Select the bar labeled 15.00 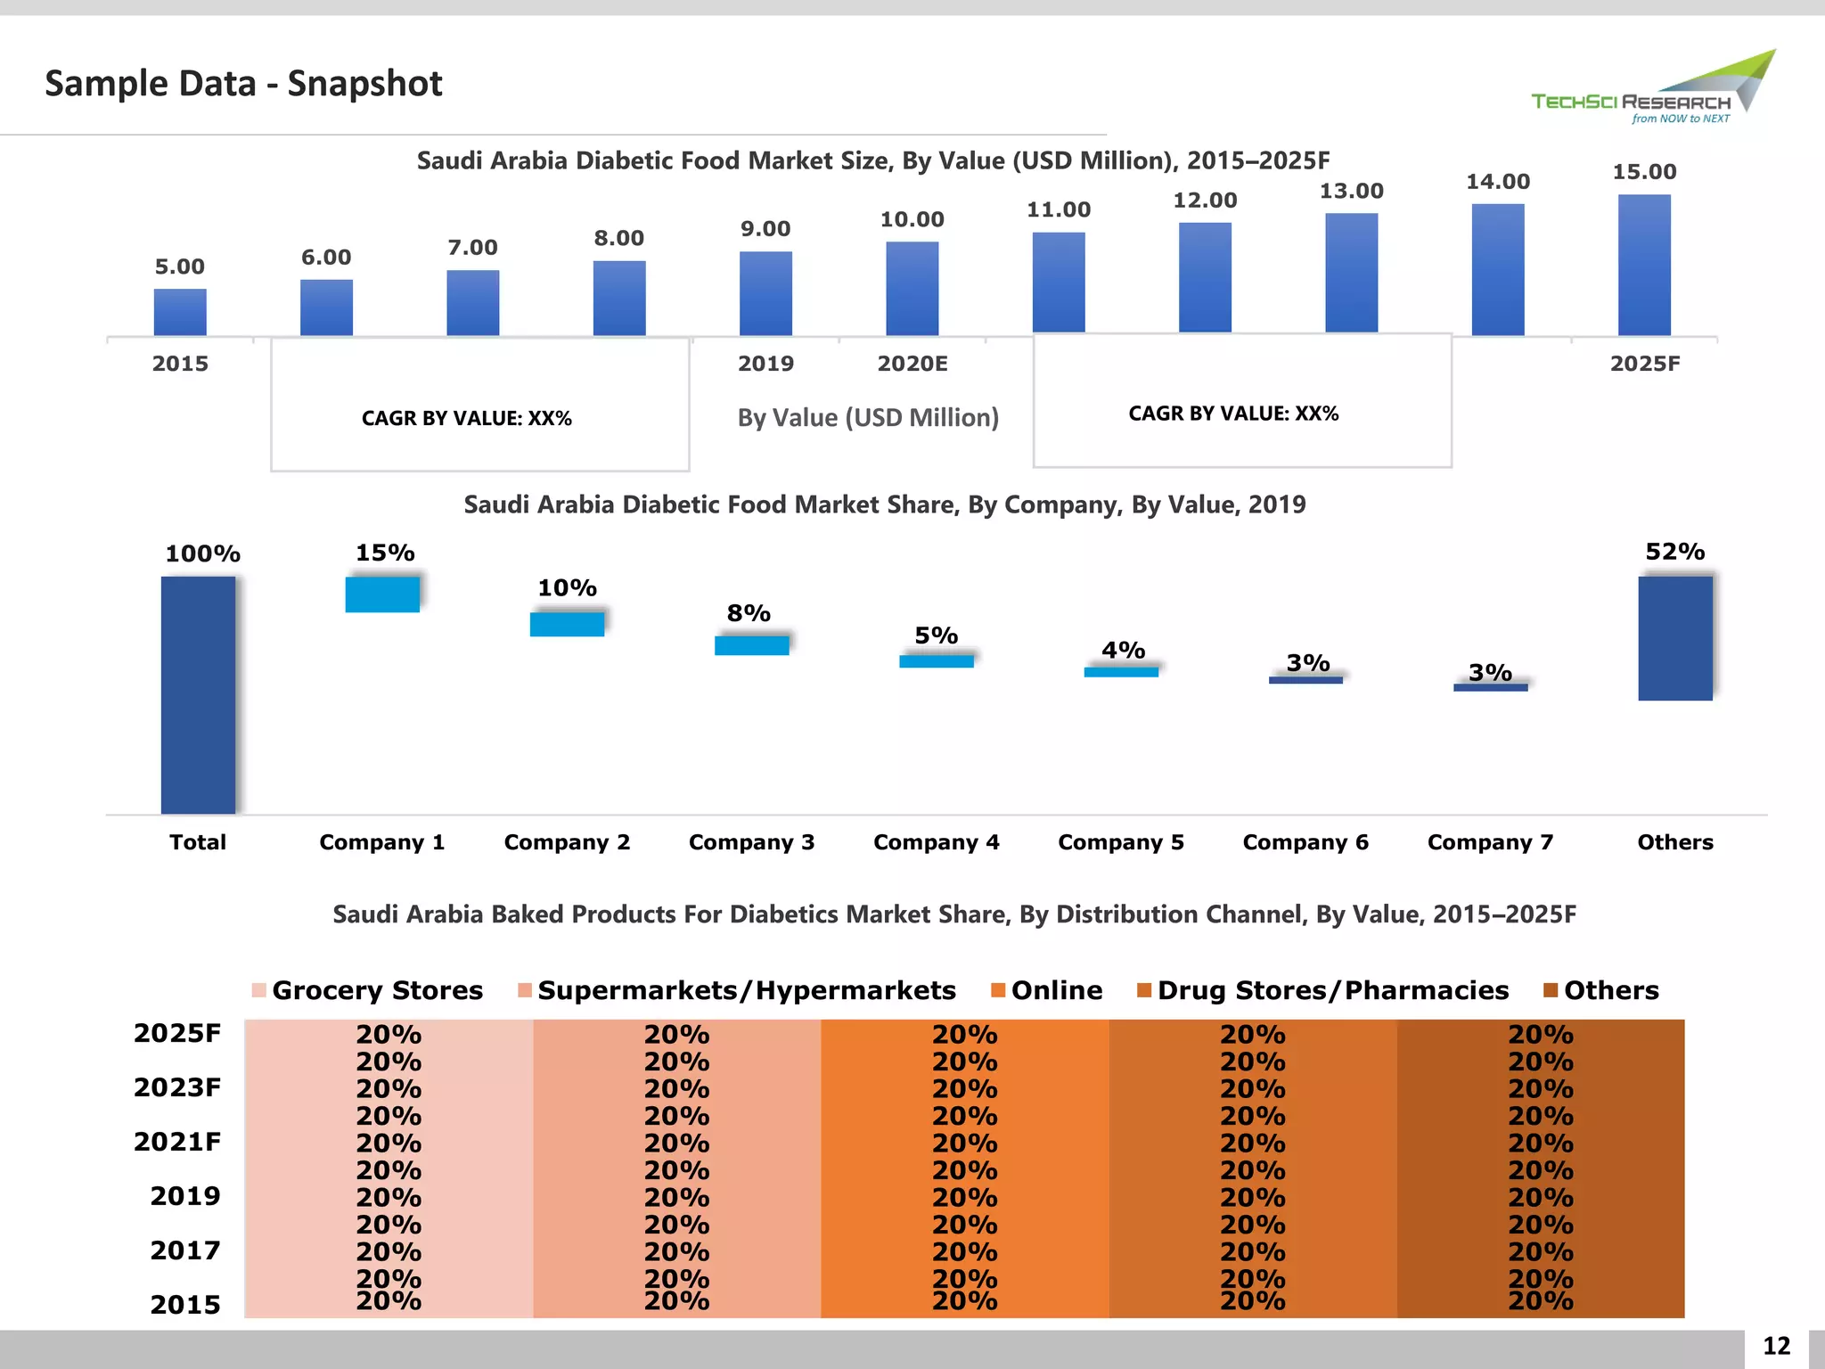tap(1644, 265)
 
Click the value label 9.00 tap(765, 229)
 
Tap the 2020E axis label tap(912, 364)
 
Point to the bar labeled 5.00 tap(180, 312)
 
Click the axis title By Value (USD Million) tap(868, 418)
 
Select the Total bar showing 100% tap(198, 694)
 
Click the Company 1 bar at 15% tap(382, 594)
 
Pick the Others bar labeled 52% tap(1674, 638)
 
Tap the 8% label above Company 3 tap(749, 613)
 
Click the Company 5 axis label tap(1120, 842)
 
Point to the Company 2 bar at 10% tap(567, 624)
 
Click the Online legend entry tap(1047, 990)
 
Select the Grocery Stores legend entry tap(368, 990)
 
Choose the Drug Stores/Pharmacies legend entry tap(1323, 990)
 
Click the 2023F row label tap(177, 1087)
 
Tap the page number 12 tap(1776, 1346)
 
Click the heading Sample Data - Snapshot tap(243, 84)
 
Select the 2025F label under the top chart tap(1644, 364)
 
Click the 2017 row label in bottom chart tap(184, 1250)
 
